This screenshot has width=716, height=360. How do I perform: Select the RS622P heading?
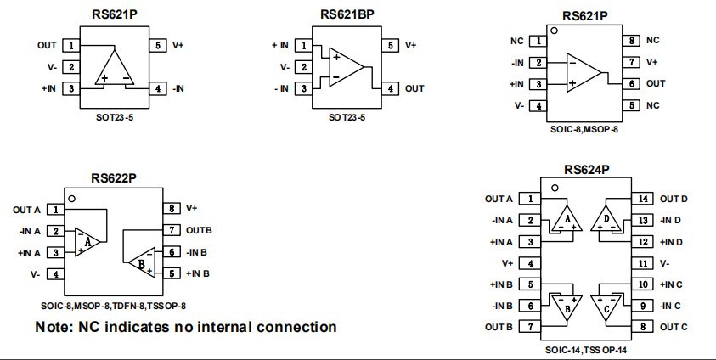114,178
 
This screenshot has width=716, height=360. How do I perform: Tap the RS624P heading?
585,170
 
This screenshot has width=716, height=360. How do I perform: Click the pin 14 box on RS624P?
643,199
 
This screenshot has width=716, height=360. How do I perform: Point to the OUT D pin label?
674,199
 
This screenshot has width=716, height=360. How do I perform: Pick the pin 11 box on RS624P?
643,263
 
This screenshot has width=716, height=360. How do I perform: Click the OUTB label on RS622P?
199,230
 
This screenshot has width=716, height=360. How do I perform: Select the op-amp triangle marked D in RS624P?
606,219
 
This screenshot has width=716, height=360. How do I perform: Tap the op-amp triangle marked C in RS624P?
606,306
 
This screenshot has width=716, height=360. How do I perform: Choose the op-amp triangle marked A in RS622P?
87,241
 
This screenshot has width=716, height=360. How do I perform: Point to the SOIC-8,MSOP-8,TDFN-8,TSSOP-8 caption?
113,305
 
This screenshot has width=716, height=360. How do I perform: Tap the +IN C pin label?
673,284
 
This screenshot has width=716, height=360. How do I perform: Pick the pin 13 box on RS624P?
643,220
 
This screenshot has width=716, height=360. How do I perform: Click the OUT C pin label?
674,327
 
